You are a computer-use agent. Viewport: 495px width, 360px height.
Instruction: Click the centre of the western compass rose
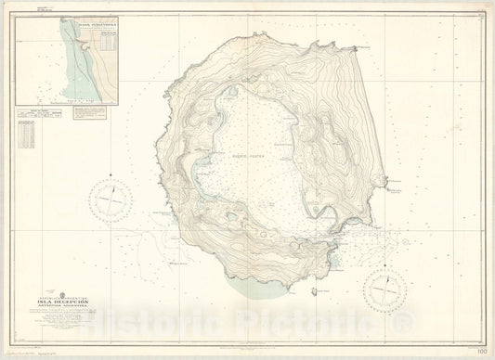coord(113,198)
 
